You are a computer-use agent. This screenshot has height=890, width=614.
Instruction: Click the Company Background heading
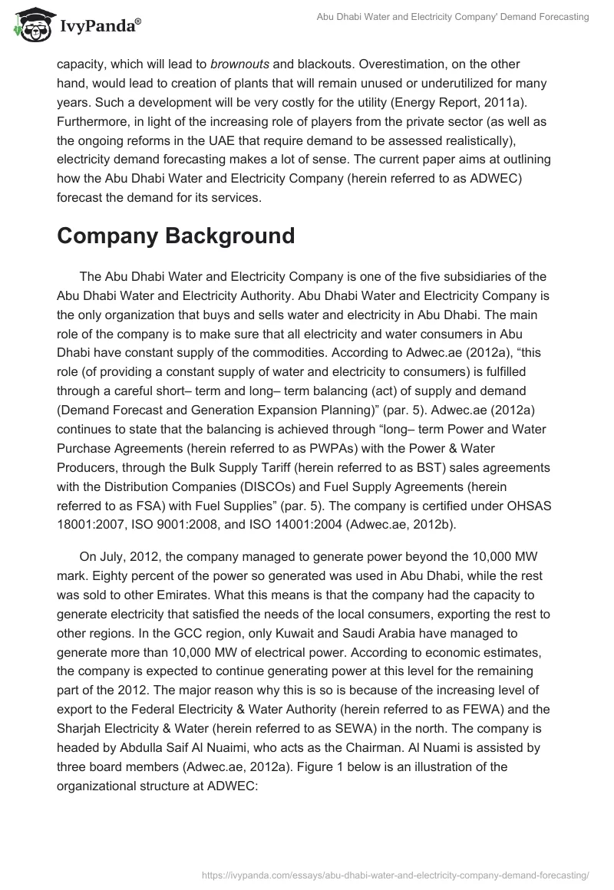[x=176, y=236]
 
